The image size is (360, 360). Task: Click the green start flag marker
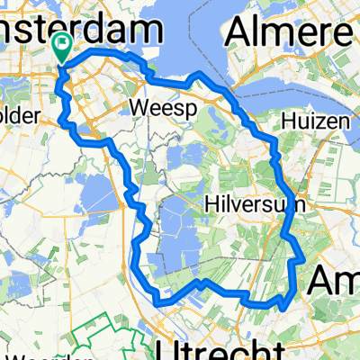[63, 46]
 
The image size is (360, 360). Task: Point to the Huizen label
[309, 119]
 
